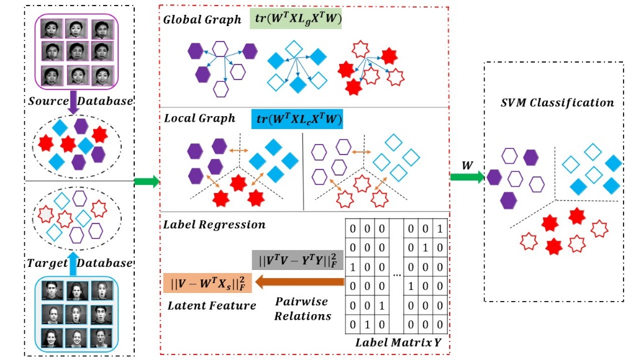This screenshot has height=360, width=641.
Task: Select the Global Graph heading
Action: point(202,20)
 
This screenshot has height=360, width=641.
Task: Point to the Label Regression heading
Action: point(214,225)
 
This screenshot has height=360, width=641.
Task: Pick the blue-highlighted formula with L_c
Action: point(298,119)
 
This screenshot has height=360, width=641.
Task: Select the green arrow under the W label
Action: point(467,178)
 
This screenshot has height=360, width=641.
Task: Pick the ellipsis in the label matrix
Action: point(396,274)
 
